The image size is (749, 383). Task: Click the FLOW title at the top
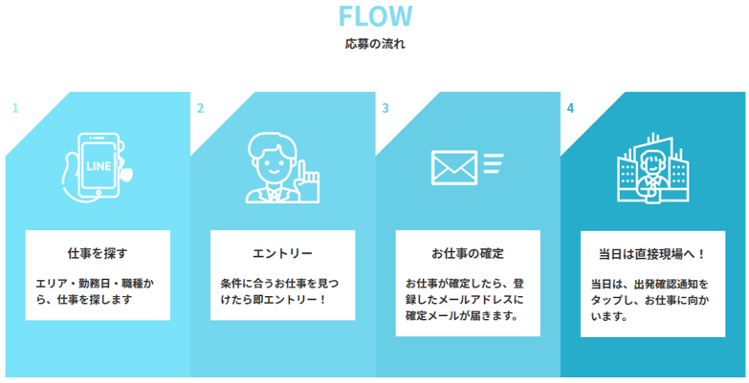coord(374,16)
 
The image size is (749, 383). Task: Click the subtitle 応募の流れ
coord(374,44)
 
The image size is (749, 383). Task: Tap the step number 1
coord(14,108)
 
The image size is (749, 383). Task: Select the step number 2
coord(200,108)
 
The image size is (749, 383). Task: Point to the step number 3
coord(386,108)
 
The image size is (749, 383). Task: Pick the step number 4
coord(571,108)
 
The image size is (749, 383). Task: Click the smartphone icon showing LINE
coord(98,166)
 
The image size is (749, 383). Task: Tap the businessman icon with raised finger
coord(280,168)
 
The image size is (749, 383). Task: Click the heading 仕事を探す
coord(98,253)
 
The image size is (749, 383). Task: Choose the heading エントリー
coord(282,253)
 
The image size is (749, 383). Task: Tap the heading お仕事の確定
coord(468,253)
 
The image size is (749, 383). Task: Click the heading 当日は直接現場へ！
coord(652,253)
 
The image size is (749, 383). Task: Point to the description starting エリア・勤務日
coord(98,291)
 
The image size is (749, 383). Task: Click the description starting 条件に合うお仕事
coord(282,291)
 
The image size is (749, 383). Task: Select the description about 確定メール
coord(468,299)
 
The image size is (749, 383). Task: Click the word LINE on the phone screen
coord(99,165)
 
